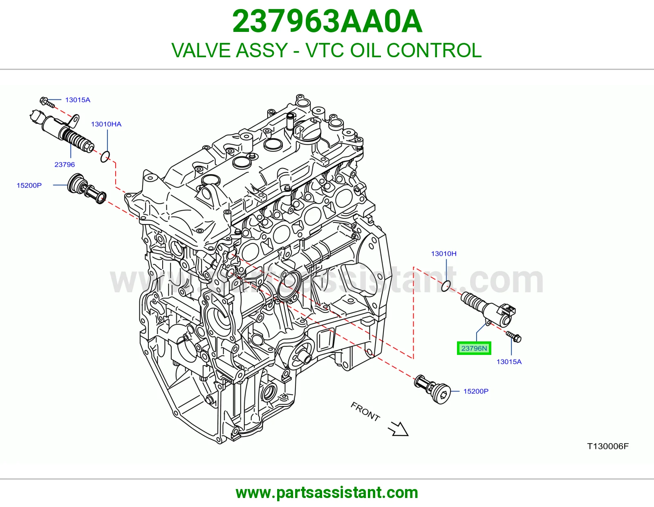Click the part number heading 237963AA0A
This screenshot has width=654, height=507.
pyautogui.click(x=327, y=22)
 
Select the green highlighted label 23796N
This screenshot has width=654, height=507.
pyautogui.click(x=474, y=348)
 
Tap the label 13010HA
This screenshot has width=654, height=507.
pyautogui.click(x=106, y=124)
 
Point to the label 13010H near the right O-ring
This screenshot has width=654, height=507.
pyautogui.click(x=443, y=253)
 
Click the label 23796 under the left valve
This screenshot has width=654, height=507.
pyautogui.click(x=65, y=164)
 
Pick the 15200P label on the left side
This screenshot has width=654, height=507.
pyautogui.click(x=29, y=185)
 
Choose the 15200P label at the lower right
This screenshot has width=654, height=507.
pyautogui.click(x=476, y=391)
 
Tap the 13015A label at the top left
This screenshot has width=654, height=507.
pyautogui.click(x=78, y=100)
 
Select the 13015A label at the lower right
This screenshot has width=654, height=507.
pyautogui.click(x=509, y=361)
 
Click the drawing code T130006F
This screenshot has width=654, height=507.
pyautogui.click(x=608, y=446)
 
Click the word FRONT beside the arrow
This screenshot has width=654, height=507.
pyautogui.click(x=365, y=412)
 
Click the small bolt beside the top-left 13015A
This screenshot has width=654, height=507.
pyautogui.click(x=47, y=102)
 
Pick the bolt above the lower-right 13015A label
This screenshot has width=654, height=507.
pyautogui.click(x=514, y=337)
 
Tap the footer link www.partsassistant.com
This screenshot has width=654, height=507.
pyautogui.click(x=327, y=493)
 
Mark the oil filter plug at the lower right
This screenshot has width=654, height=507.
pyautogui.click(x=432, y=389)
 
